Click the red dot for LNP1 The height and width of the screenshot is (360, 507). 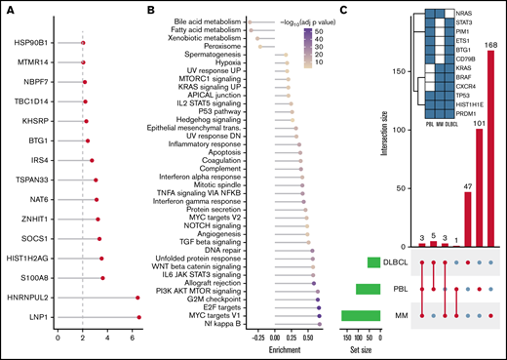pyautogui.click(x=139, y=317)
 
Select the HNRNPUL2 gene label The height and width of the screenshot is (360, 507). pyautogui.click(x=26, y=298)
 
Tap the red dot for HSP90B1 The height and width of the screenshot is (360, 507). pyautogui.click(x=82, y=44)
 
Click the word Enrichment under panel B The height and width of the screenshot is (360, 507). pyautogui.click(x=283, y=348)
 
